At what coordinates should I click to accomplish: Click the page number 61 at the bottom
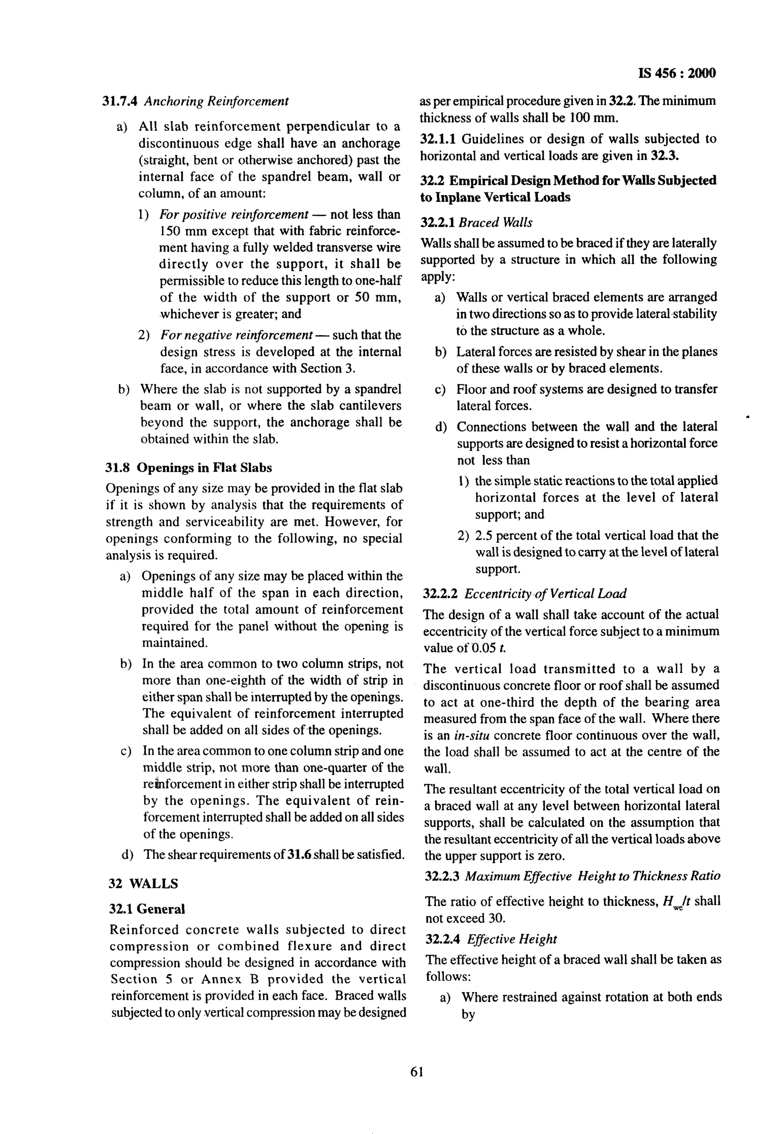(x=416, y=1085)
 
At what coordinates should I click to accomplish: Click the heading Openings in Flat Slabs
(x=204, y=468)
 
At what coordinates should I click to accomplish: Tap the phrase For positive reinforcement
(x=234, y=215)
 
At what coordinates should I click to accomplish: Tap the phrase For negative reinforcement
(x=237, y=335)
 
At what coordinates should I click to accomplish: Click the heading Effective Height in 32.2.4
(x=512, y=939)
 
